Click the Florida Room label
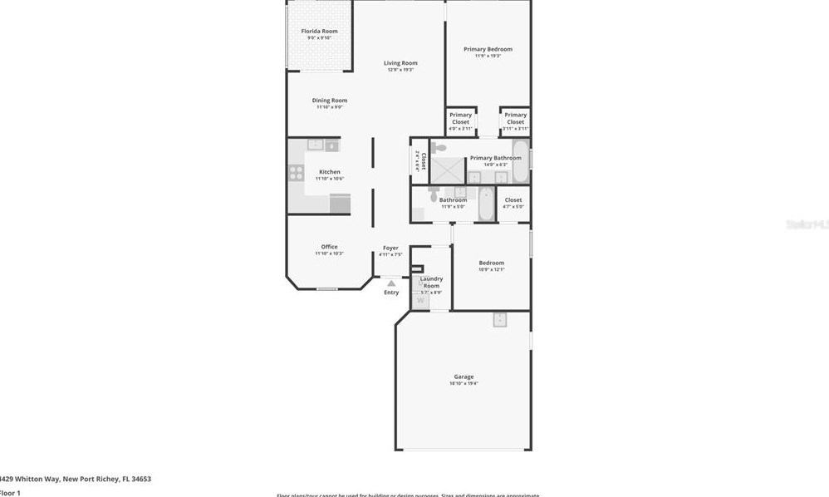[x=319, y=32]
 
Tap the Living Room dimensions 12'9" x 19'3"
[x=400, y=70]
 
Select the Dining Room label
[x=329, y=101]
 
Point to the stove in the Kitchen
[x=295, y=173]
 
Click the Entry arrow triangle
[x=391, y=283]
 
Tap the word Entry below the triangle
[x=391, y=293]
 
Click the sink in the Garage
[x=499, y=320]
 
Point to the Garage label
[x=464, y=376]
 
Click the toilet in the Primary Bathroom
[x=438, y=148]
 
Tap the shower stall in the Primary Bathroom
[x=447, y=170]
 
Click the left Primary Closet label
[x=460, y=119]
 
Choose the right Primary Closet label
[x=515, y=119]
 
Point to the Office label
[x=329, y=247]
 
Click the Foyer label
[x=390, y=248]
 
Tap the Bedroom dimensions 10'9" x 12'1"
[x=492, y=269]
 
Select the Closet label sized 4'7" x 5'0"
[x=513, y=200]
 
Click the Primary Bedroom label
[x=488, y=49]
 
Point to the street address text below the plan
[x=76, y=479]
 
